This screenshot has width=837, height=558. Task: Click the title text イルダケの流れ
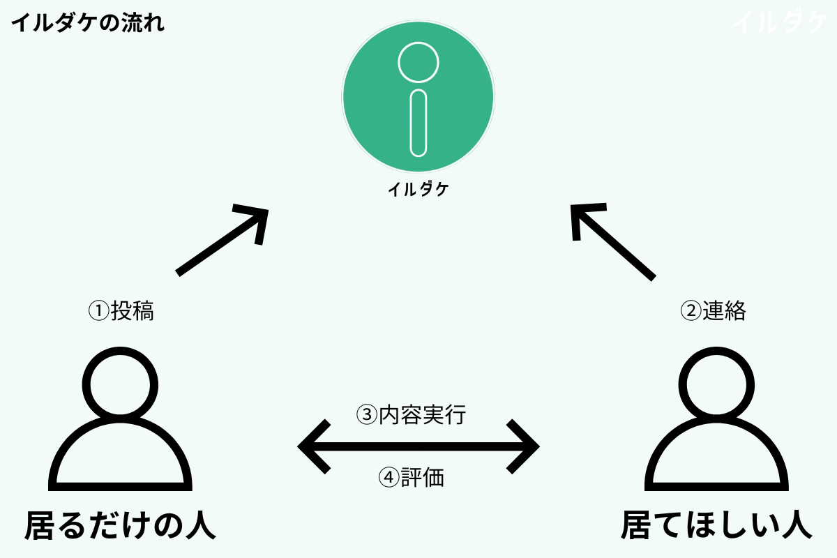tap(88, 24)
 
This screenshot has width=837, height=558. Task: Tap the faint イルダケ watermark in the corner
tap(780, 24)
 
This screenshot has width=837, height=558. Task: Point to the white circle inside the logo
tap(418, 62)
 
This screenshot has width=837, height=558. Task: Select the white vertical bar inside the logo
tap(418, 123)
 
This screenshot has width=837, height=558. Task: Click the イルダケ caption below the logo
tap(418, 189)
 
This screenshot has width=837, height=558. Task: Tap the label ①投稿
tap(121, 311)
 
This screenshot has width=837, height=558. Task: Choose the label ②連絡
tap(713, 311)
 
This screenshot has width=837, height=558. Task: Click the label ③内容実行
tap(411, 416)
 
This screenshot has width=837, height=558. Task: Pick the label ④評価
tap(411, 478)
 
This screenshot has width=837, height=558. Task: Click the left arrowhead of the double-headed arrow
tap(314, 446)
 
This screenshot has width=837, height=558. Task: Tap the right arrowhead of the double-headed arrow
tap(523, 446)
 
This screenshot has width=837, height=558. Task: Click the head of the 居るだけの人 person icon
tap(117, 382)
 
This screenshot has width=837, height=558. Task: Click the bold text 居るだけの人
tap(120, 525)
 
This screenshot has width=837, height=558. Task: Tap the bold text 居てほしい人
tap(716, 525)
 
